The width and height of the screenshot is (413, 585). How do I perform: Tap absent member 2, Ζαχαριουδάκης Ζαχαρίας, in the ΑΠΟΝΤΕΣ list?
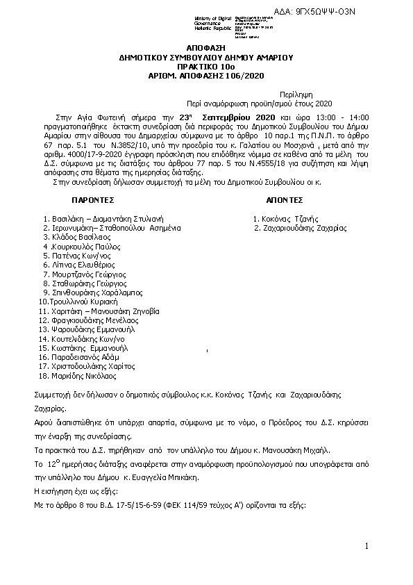coord(302,227)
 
